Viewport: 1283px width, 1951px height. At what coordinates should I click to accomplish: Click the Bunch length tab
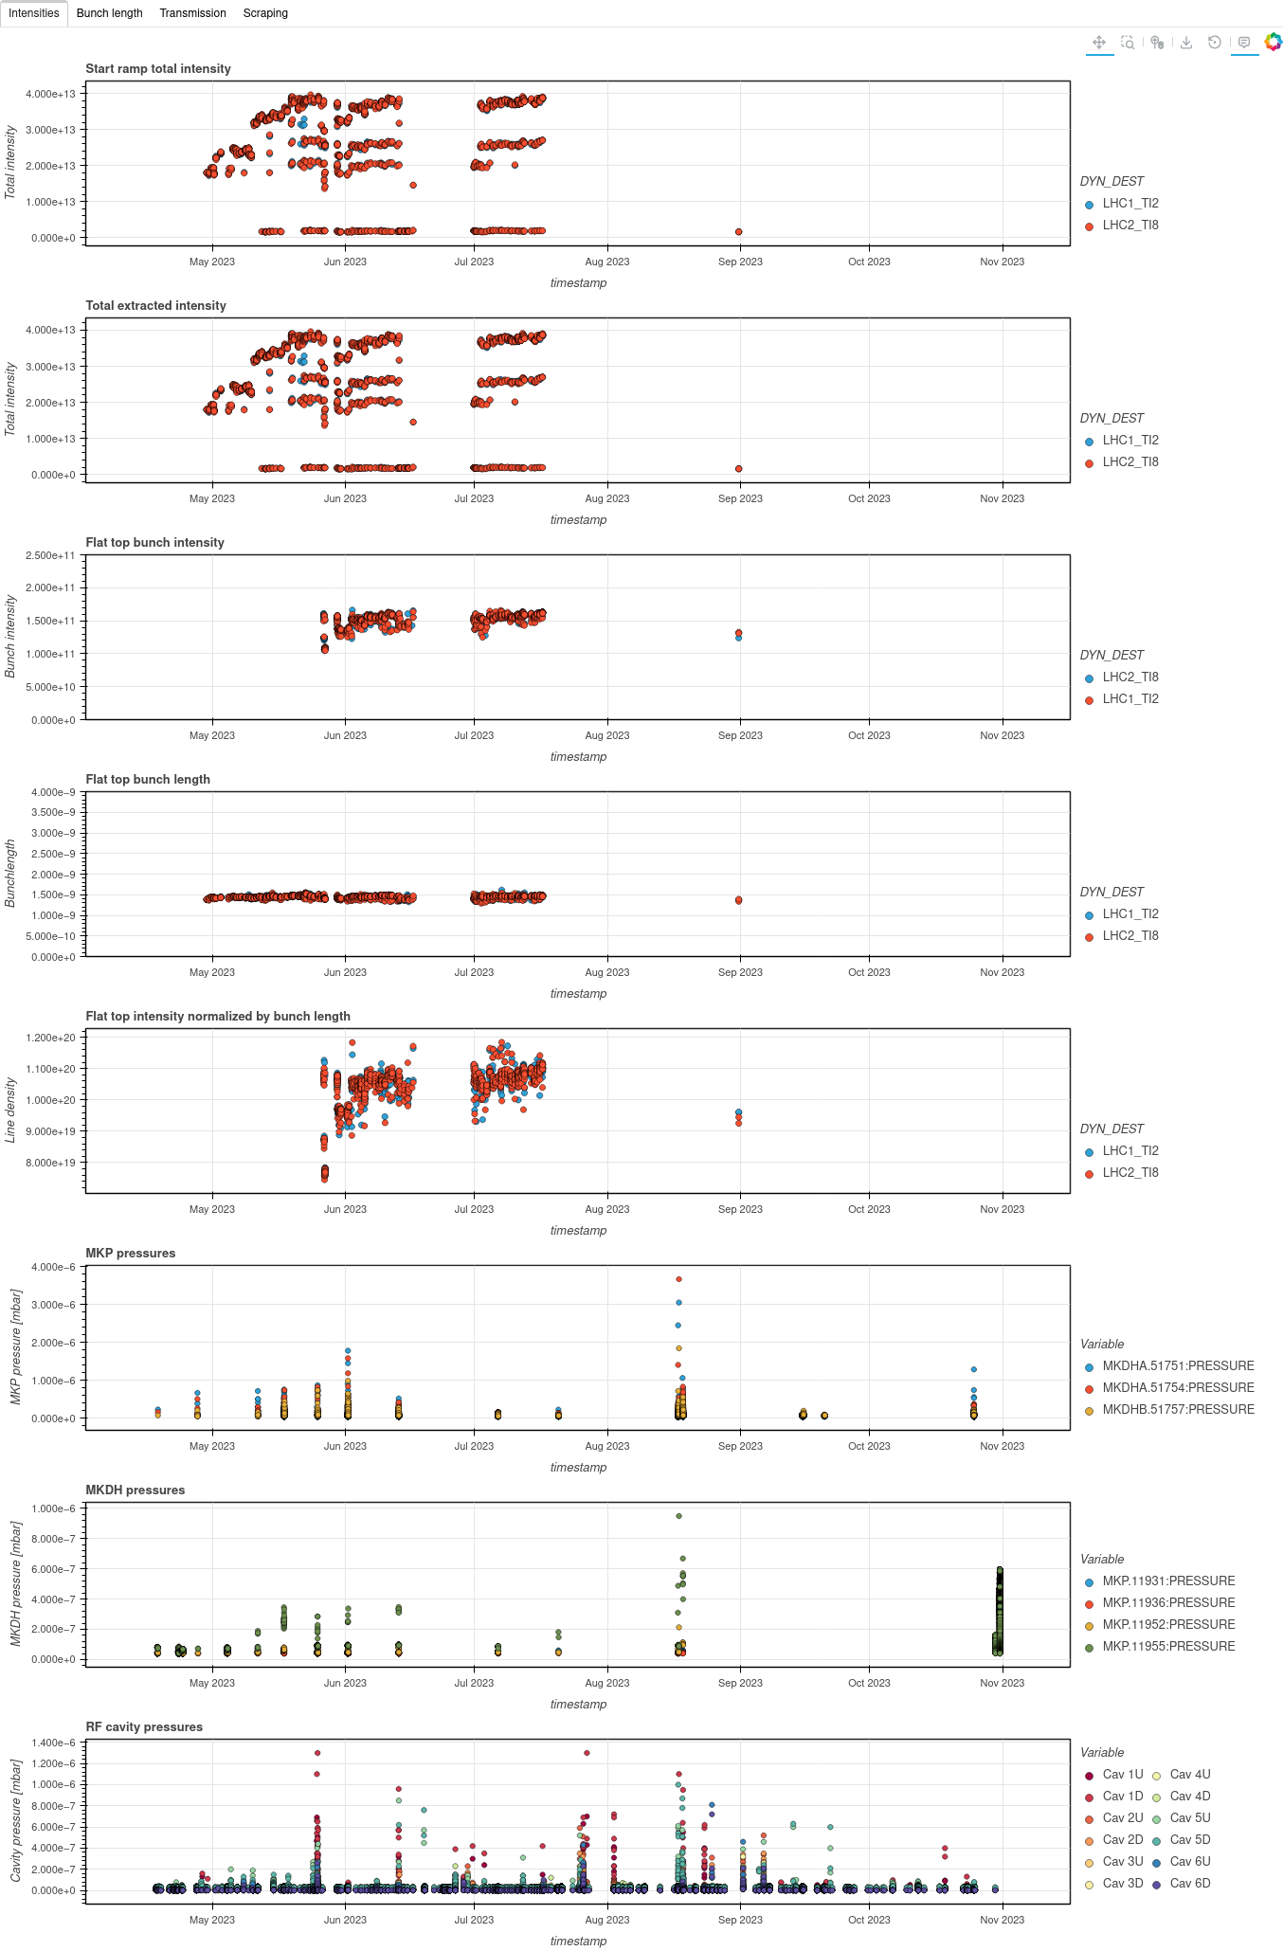pyautogui.click(x=109, y=13)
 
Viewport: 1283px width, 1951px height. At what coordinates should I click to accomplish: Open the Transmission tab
pyautogui.click(x=192, y=13)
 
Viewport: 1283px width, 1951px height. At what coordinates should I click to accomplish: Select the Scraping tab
pyautogui.click(x=265, y=13)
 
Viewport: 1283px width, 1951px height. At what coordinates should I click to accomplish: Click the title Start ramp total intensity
pyautogui.click(x=158, y=69)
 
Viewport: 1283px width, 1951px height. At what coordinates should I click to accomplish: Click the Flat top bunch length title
pyautogui.click(x=148, y=780)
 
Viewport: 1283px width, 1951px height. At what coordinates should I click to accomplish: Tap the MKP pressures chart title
pyautogui.click(x=131, y=1254)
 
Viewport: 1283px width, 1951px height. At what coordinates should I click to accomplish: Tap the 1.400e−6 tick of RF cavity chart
pyautogui.click(x=55, y=1743)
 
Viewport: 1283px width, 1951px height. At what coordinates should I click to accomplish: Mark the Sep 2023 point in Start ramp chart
pyautogui.click(x=739, y=232)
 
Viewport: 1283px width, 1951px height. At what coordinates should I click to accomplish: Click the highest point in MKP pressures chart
pyautogui.click(x=678, y=1279)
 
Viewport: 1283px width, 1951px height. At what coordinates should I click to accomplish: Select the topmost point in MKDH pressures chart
pyautogui.click(x=678, y=1516)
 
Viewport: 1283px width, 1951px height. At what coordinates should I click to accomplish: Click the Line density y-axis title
pyautogui.click(x=11, y=1110)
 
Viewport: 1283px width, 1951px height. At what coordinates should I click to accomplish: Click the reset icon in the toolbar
pyautogui.click(x=1215, y=43)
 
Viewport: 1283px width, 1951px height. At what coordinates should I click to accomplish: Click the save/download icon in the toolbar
pyautogui.click(x=1185, y=43)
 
